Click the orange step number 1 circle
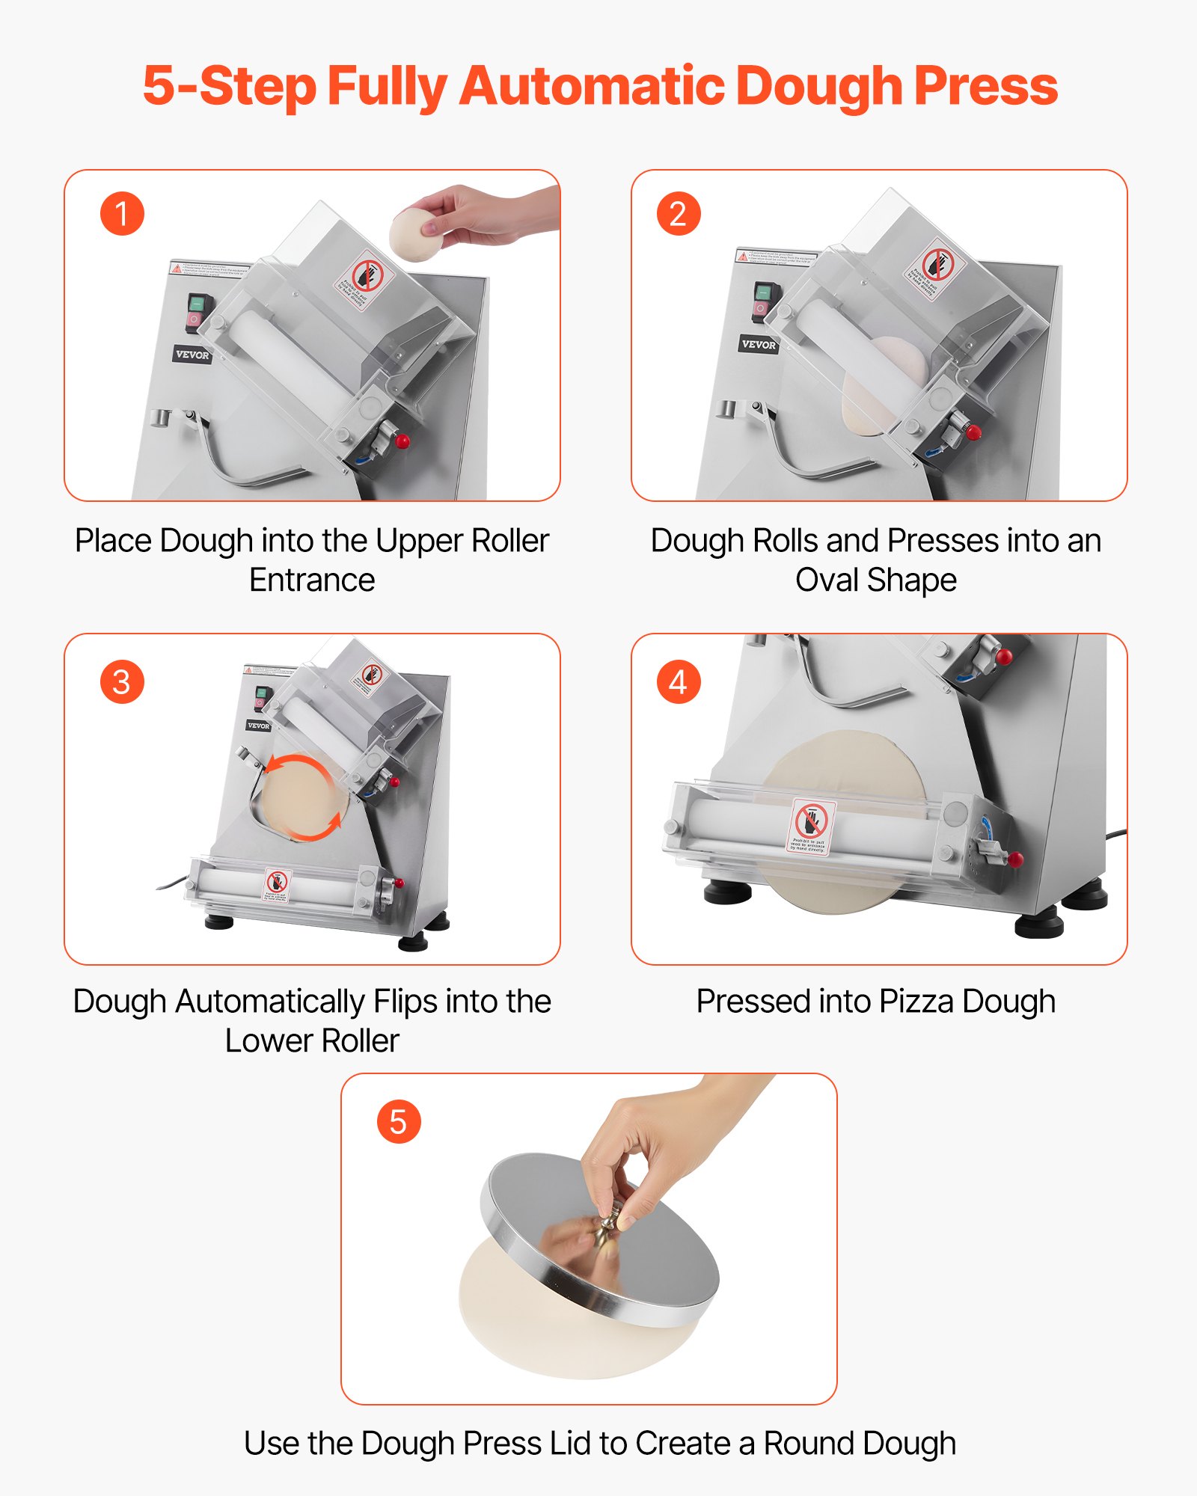[x=122, y=214]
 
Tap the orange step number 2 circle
[x=678, y=214]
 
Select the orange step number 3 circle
[x=122, y=681]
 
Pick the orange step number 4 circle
[x=678, y=681]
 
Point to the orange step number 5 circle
[x=399, y=1121]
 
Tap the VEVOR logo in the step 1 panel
[x=192, y=355]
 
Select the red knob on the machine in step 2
[x=973, y=432]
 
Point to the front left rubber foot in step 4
[x=728, y=892]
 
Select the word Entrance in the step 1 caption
[x=312, y=580]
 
